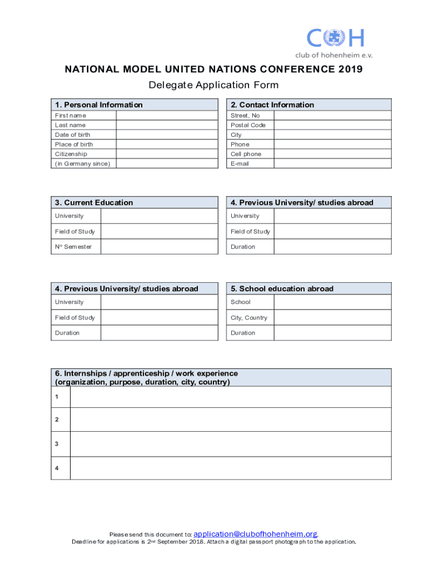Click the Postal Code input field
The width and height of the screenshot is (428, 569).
332,125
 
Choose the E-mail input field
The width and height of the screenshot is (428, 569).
332,163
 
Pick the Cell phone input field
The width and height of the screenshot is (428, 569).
332,154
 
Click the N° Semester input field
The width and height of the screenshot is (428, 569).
159,247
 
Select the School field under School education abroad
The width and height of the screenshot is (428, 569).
332,302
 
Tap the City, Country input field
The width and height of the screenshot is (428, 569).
332,318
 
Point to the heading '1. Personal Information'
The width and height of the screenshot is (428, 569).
99,105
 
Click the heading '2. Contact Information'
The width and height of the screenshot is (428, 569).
272,105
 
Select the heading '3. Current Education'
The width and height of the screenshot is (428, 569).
94,203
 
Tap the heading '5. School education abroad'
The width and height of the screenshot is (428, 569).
282,289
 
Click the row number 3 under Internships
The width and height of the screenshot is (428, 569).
57,444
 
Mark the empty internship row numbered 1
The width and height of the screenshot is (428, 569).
230,397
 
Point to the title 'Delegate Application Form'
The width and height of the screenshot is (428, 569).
213,85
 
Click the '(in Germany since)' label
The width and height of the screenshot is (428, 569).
82,163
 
